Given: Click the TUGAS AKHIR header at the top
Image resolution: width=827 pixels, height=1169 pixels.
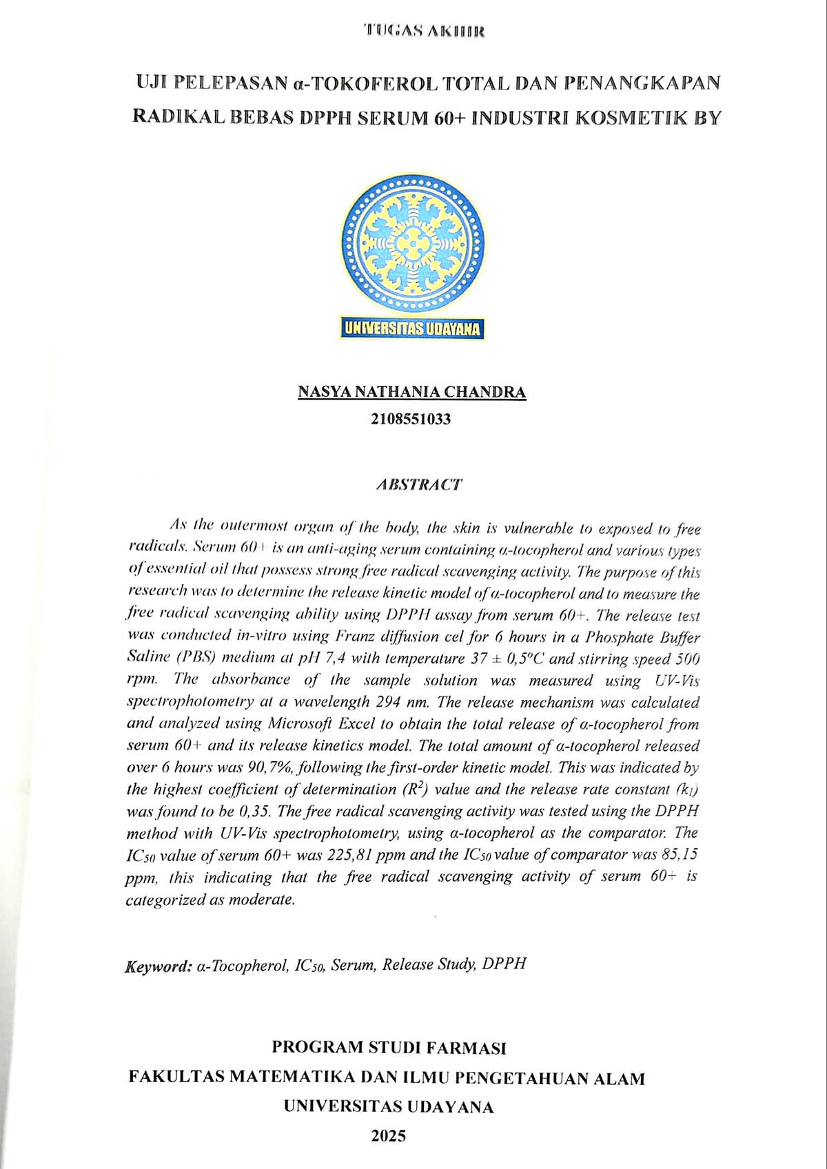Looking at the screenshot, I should coord(425,31).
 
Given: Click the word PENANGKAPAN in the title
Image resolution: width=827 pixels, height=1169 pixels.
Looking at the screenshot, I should coord(641,83).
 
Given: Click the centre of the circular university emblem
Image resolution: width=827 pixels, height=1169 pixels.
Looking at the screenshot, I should coord(412,242).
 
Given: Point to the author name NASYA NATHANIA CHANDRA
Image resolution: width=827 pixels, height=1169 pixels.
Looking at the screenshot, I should coord(412,393).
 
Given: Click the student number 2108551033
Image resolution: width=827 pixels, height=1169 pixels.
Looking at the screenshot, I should coord(411,418).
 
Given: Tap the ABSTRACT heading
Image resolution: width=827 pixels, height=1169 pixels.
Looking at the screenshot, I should coord(419,484).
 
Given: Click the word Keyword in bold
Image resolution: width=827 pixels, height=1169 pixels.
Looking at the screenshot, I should coord(158,966).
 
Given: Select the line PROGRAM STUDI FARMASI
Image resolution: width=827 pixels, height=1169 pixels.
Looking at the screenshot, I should coord(389,1048).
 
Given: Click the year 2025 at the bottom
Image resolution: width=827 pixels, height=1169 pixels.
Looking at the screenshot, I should coord(389,1136).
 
